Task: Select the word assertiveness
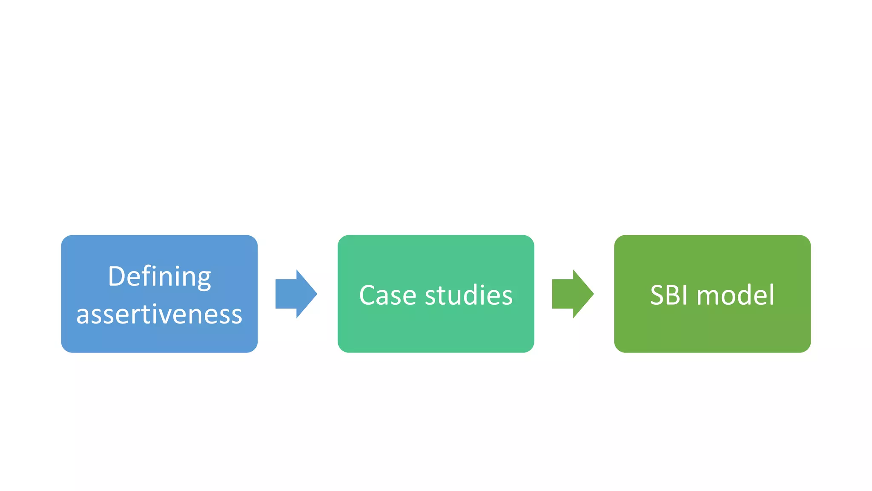point(159,315)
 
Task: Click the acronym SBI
point(669,295)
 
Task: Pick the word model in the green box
point(735,295)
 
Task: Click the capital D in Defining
point(117,277)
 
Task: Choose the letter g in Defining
point(204,279)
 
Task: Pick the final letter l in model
point(772,294)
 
